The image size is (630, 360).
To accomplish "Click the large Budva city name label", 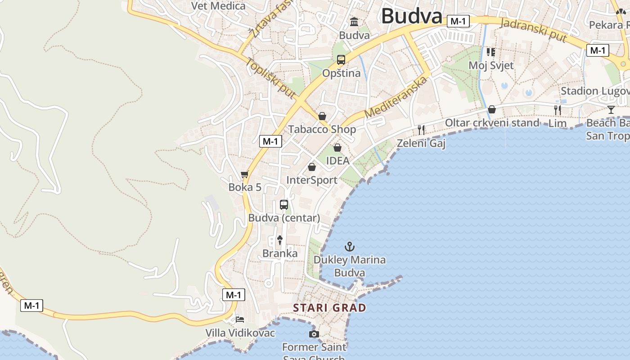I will click(412, 16).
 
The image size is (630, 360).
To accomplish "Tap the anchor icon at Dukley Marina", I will click(349, 247).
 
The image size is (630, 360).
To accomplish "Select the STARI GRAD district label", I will click(329, 308).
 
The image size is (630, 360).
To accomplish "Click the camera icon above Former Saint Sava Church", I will click(314, 334).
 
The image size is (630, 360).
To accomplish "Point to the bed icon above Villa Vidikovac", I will click(240, 319).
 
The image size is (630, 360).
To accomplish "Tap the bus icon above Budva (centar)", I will click(284, 205).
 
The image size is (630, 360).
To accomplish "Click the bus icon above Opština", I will click(341, 59).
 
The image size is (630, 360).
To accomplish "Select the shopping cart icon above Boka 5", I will click(244, 175).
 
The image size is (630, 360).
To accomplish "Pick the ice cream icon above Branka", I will click(280, 240).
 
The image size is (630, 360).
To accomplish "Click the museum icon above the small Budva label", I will click(354, 22).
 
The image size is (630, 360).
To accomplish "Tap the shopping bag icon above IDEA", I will click(337, 148).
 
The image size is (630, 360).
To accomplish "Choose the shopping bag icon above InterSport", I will click(311, 167).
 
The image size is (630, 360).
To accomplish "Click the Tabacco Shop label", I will click(322, 130).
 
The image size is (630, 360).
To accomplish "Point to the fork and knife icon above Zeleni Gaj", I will click(421, 130).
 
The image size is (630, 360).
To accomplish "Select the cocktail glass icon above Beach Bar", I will click(611, 109).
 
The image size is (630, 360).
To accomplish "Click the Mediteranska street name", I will click(396, 98).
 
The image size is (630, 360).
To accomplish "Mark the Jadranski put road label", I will click(533, 30).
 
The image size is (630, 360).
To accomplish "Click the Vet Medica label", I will click(218, 6).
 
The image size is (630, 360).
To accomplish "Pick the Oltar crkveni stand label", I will click(492, 123).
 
